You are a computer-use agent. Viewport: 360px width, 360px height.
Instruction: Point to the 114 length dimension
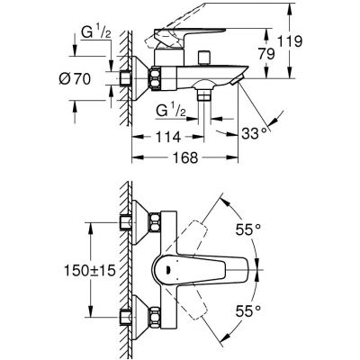pyautogui.click(x=168, y=136)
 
